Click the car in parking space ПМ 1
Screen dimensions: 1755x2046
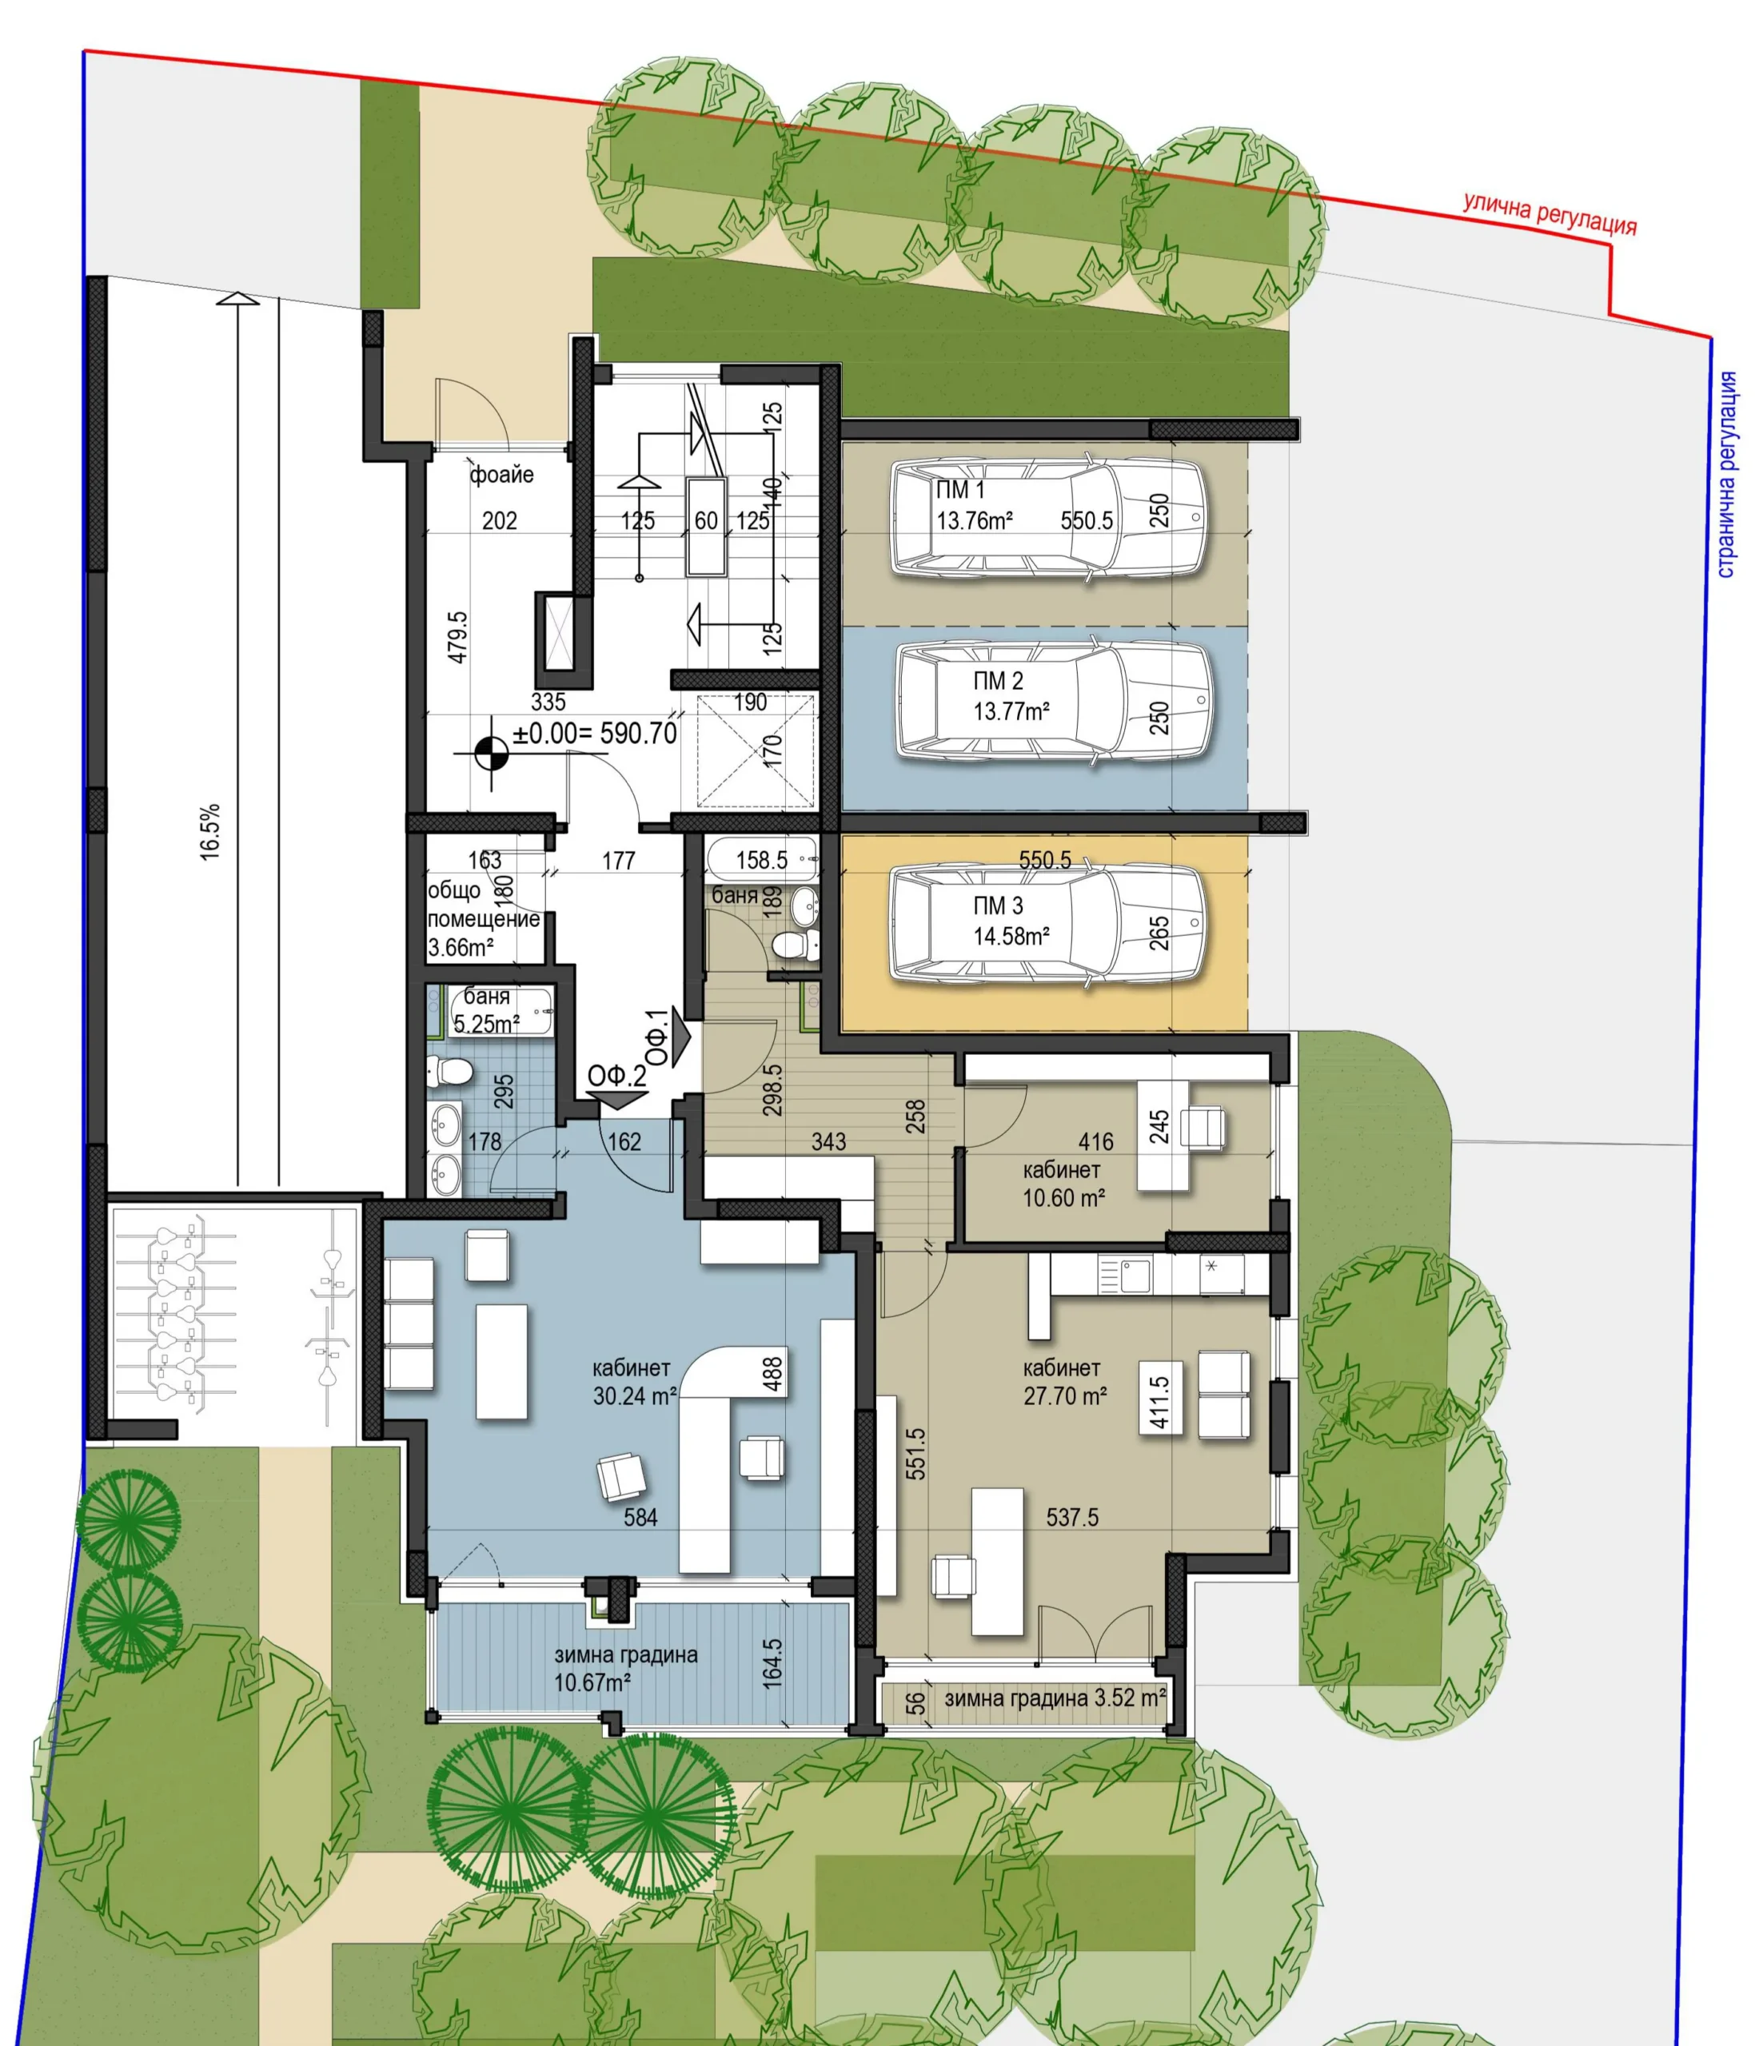1049,517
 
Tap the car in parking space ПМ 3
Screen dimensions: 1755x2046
1049,923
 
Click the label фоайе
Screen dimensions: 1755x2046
501,475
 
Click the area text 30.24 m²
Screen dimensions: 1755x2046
635,1396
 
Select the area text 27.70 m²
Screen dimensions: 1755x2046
1065,1396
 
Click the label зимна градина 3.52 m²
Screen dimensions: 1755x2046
1055,1698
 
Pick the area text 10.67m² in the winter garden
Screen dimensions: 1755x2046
592,1682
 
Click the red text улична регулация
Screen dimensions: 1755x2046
1550,214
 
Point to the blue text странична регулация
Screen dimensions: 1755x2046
1726,474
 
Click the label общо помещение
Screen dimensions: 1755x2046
483,905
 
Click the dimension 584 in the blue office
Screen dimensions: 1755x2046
640,1517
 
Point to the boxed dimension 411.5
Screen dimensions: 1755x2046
1160,1401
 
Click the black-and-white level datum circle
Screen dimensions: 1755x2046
491,755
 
